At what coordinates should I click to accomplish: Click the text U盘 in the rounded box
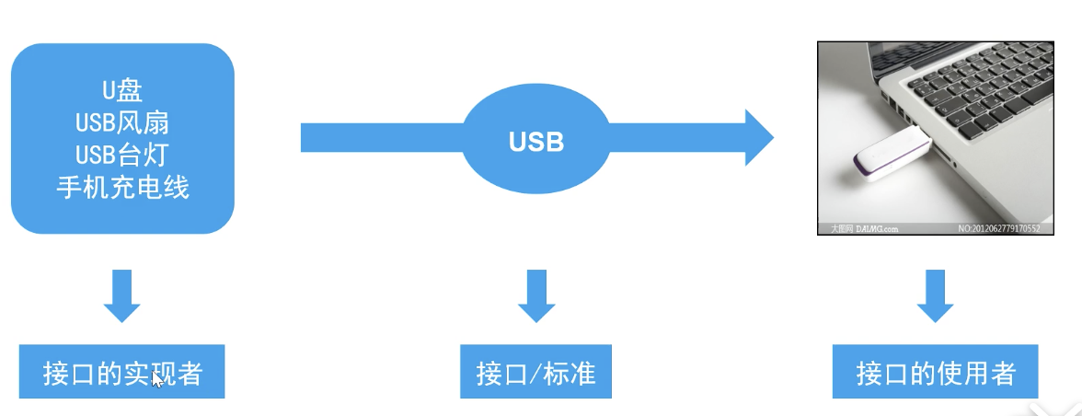pyautogui.click(x=122, y=89)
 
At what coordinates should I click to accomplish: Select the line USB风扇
pyautogui.click(x=122, y=121)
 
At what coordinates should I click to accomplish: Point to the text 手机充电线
pyautogui.click(x=122, y=188)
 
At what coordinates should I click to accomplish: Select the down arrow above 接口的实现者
pyautogui.click(x=122, y=295)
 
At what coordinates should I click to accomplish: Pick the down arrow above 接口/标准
pyautogui.click(x=536, y=295)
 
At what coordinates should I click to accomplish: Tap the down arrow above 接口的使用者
pyautogui.click(x=936, y=295)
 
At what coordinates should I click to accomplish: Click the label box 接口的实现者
pyautogui.click(x=122, y=373)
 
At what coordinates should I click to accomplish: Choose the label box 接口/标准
pyautogui.click(x=536, y=373)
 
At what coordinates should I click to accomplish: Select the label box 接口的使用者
pyautogui.click(x=936, y=373)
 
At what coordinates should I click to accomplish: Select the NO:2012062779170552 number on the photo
pyautogui.click(x=999, y=228)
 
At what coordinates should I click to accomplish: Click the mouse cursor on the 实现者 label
pyautogui.click(x=157, y=378)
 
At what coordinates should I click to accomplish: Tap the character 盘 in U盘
pyautogui.click(x=131, y=89)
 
